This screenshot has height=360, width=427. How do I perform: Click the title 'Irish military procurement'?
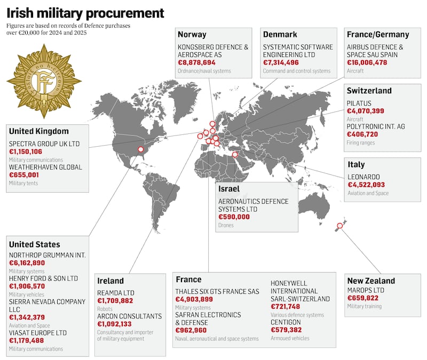click(x=85, y=12)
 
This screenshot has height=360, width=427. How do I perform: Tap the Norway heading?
click(x=192, y=35)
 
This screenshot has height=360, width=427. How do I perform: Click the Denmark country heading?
click(x=280, y=35)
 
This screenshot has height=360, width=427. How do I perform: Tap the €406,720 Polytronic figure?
click(x=365, y=135)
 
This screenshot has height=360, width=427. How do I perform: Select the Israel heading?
click(x=228, y=189)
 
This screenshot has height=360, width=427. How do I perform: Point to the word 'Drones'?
click(x=226, y=225)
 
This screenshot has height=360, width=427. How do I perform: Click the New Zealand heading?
click(x=371, y=281)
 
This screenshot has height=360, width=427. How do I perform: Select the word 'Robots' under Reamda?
click(x=106, y=309)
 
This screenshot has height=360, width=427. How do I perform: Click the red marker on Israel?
click(x=234, y=155)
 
